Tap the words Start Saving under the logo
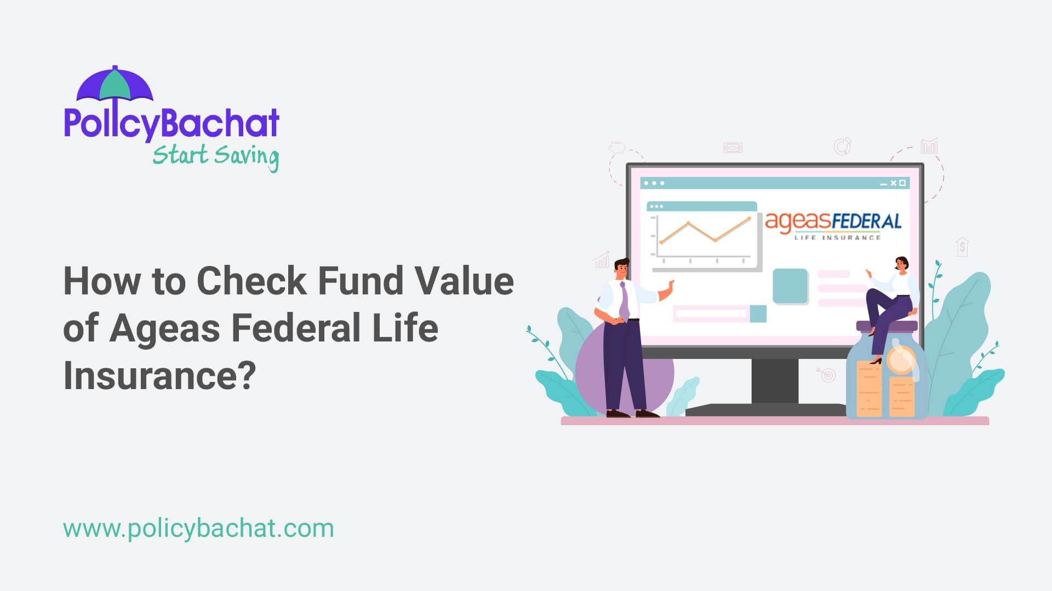(215, 156)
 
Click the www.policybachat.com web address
(198, 529)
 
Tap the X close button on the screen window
(893, 183)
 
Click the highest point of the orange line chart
(749, 218)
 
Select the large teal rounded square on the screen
(790, 286)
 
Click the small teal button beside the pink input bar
(758, 314)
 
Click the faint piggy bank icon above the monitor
(617, 147)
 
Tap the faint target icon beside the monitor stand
(828, 375)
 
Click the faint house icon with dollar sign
(963, 247)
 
